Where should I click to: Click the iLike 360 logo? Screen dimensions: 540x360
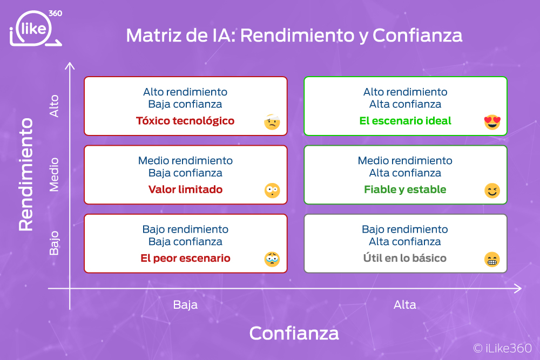click(x=36, y=28)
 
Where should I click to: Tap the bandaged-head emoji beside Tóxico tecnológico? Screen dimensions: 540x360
click(x=272, y=122)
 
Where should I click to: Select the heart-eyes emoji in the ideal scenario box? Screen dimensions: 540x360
click(x=492, y=122)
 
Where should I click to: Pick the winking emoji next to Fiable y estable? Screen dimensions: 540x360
click(x=492, y=191)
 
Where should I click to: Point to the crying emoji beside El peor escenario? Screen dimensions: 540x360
click(x=272, y=259)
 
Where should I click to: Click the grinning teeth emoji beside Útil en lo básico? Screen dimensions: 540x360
click(x=492, y=259)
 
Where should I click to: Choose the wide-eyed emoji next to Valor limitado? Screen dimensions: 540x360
click(x=272, y=191)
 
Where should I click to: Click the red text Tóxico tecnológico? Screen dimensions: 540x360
click(x=185, y=121)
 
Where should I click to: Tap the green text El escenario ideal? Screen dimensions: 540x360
click(x=405, y=121)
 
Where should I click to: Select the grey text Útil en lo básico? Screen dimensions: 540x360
click(x=404, y=258)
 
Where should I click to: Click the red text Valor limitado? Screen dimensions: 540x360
click(x=185, y=189)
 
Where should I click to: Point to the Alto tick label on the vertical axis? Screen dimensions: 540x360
click(x=54, y=106)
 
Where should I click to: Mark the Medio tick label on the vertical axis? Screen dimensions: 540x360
click(x=54, y=175)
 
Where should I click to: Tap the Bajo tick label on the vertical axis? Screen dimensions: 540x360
click(x=54, y=243)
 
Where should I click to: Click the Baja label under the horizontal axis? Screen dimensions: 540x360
click(x=185, y=304)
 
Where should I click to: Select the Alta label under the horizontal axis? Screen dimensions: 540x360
click(x=405, y=304)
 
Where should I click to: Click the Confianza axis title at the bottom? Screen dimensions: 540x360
click(x=294, y=333)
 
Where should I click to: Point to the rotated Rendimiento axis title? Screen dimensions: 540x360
click(x=26, y=174)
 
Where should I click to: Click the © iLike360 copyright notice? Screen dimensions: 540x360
click(x=502, y=348)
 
